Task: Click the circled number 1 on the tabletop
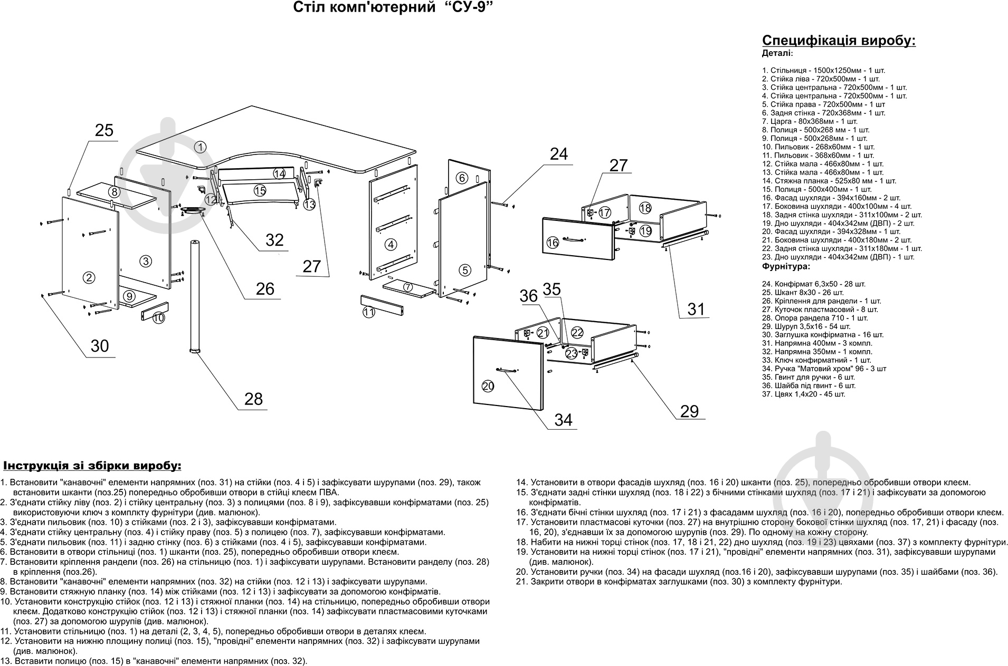tap(200, 147)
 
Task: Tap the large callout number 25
tap(104, 130)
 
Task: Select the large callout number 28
tap(253, 399)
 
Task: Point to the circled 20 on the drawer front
tap(488, 387)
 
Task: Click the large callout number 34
tap(563, 420)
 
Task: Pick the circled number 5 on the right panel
tap(464, 271)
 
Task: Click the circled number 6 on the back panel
tap(462, 178)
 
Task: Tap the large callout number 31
tap(696, 309)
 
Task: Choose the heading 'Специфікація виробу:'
tap(839, 41)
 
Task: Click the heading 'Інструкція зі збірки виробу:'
tap(92, 466)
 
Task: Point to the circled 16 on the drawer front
tap(553, 243)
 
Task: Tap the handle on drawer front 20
tap(505, 370)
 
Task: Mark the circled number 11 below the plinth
tap(368, 313)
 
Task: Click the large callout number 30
tap(100, 345)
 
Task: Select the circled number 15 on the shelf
tap(259, 190)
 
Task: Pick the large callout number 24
tap(559, 154)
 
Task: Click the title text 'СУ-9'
tap(463, 8)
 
